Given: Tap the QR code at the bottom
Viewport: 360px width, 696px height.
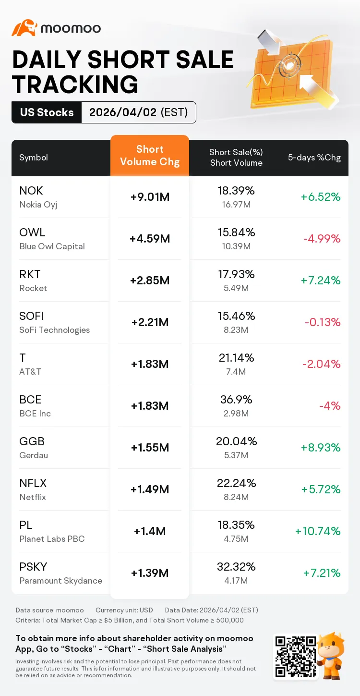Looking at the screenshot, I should pos(294,657).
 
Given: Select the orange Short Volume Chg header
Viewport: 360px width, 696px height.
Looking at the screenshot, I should pos(150,156).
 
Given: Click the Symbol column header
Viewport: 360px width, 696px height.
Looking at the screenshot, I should pos(34,158).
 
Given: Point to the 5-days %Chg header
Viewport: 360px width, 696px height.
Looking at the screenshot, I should pos(314,158).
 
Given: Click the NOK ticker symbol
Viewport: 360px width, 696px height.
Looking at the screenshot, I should pos(31,191).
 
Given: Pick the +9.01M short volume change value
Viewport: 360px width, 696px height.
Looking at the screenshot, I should pos(150,197).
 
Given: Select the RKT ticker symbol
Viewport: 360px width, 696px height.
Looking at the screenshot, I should pos(30,274).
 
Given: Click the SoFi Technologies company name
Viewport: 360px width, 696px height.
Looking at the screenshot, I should pos(55,330).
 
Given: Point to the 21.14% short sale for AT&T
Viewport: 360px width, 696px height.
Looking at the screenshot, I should pos(236,358).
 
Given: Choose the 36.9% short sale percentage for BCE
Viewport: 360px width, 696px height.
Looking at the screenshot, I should pos(236,400).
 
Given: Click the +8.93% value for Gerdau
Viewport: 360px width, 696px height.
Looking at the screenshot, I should pos(321,448).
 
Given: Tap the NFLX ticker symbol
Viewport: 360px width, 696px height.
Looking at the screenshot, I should pos(33,483).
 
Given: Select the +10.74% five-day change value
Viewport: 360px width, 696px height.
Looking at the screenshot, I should pos(318,531).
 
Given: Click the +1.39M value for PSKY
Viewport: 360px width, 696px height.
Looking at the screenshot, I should pos(150,573).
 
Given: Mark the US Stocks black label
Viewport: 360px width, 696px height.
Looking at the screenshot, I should pos(47,112).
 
